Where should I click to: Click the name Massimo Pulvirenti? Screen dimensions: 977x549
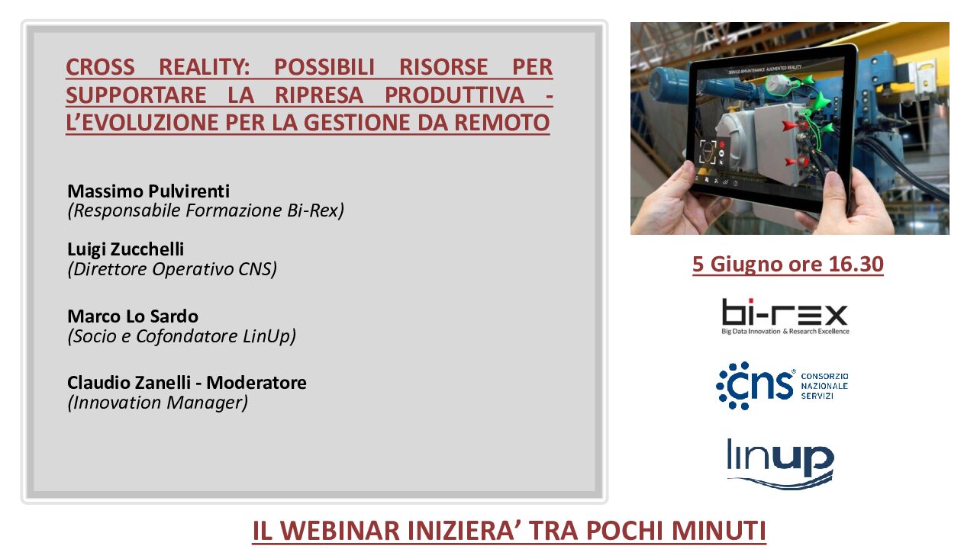click(148, 191)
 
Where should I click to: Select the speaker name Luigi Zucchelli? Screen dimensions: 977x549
click(126, 249)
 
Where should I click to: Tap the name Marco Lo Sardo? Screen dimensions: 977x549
click(133, 316)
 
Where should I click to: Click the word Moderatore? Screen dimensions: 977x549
click(256, 383)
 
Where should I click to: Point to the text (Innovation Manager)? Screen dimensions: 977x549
click(157, 403)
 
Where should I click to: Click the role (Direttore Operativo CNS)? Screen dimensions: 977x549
click(173, 269)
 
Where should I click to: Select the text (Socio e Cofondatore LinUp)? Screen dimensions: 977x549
click(182, 336)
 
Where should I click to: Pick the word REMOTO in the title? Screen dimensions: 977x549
click(502, 123)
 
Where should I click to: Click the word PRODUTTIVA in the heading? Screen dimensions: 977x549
click(454, 95)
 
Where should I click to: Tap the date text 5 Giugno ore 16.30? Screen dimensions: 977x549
click(788, 265)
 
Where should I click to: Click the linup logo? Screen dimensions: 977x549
click(780, 463)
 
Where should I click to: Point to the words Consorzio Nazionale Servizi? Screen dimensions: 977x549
click(825, 386)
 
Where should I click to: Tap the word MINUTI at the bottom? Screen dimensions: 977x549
click(719, 531)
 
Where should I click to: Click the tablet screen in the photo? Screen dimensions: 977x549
click(769, 127)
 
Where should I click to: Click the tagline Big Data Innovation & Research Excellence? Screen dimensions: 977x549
click(785, 332)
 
